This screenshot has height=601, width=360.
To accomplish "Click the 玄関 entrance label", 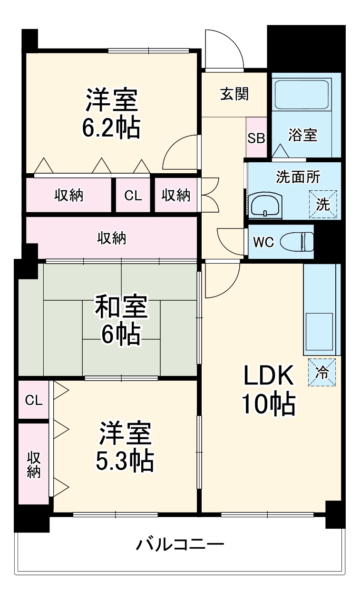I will pyautogui.click(x=234, y=94).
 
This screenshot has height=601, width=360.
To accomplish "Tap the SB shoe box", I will pyautogui.click(x=256, y=138).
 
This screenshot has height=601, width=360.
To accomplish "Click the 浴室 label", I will pyautogui.click(x=302, y=135).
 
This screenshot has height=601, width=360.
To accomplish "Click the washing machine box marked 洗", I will pyautogui.click(x=322, y=204).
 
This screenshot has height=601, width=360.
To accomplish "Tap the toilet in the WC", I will pyautogui.click(x=298, y=242).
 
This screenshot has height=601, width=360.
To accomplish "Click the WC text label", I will pyautogui.click(x=263, y=242).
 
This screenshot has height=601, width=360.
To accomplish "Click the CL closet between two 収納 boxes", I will pyautogui.click(x=133, y=195).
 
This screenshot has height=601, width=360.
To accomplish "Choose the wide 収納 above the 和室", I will pyautogui.click(x=112, y=237).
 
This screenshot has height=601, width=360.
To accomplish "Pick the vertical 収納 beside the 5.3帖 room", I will pyautogui.click(x=33, y=464).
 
